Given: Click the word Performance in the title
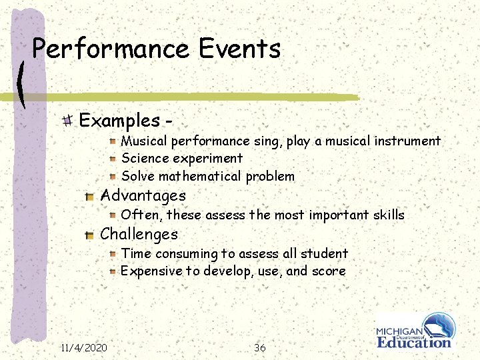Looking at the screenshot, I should (110, 50).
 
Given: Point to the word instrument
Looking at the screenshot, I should (407, 141).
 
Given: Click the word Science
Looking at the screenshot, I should (145, 159).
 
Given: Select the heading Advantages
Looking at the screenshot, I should (143, 196).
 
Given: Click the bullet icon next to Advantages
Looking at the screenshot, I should (89, 196).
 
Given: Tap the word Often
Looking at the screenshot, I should (141, 215).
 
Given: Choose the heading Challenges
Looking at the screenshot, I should (139, 235).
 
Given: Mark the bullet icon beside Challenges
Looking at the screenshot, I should (89, 235).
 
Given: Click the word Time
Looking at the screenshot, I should (136, 253).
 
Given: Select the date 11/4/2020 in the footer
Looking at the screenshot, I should (84, 347).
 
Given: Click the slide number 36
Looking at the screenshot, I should (260, 347).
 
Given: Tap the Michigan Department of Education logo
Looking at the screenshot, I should (415, 331).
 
